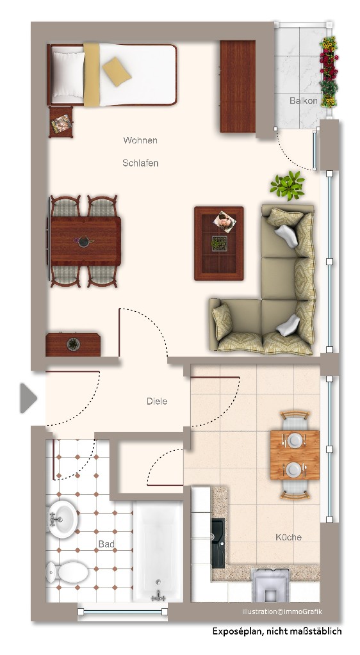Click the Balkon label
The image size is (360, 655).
tap(304, 101)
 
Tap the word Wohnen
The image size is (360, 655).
tap(140, 140)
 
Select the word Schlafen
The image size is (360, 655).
tap(140, 163)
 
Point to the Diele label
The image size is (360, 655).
tap(157, 401)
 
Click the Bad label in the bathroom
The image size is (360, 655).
tap(106, 544)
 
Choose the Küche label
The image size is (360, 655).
tap(288, 537)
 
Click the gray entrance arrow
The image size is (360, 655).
tap(28, 398)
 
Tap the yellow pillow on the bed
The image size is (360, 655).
tap(117, 72)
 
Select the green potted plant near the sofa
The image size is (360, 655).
tap(288, 185)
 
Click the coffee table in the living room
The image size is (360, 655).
tap(218, 243)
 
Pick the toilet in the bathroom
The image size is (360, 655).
tap(67, 572)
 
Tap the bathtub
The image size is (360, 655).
tap(158, 551)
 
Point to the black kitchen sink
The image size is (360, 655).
tap(218, 543)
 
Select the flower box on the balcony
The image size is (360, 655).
tap(329, 72)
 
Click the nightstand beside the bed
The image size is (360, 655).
tap(61, 122)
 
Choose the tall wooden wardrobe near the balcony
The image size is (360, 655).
tap(238, 86)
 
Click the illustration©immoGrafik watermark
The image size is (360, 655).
tap(282, 611)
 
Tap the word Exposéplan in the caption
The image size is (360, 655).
tap(236, 631)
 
